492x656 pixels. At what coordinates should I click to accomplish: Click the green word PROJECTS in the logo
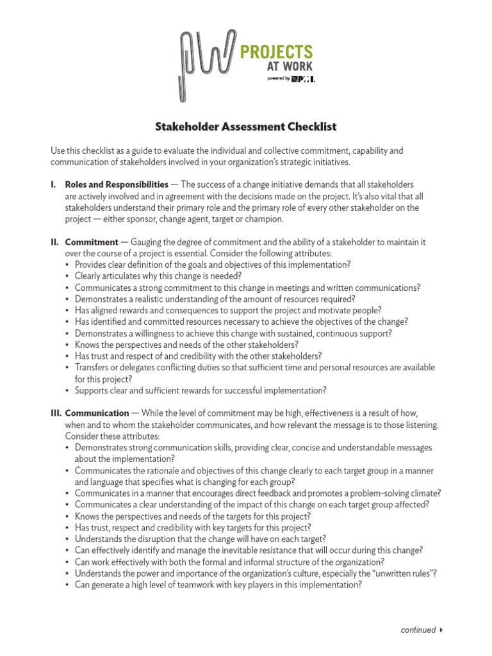tap(276, 51)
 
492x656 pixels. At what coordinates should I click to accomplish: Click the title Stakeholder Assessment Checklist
tap(246, 127)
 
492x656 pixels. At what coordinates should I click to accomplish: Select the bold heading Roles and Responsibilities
tap(117, 184)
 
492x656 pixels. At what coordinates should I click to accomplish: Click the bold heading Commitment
tap(92, 242)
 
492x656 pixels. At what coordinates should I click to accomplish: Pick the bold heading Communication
tap(97, 413)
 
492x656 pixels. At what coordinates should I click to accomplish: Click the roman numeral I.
tap(53, 184)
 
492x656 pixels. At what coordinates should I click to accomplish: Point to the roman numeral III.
tap(56, 413)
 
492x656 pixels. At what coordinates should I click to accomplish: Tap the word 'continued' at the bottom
tap(418, 630)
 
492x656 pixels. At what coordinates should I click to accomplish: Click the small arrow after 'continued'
tap(441, 630)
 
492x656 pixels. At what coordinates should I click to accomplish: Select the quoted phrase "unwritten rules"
tap(411, 573)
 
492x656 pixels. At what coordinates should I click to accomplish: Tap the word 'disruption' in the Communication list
tap(147, 539)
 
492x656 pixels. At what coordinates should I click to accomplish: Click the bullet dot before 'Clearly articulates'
tap(69, 276)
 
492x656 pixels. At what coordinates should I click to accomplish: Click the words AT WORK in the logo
tap(293, 67)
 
